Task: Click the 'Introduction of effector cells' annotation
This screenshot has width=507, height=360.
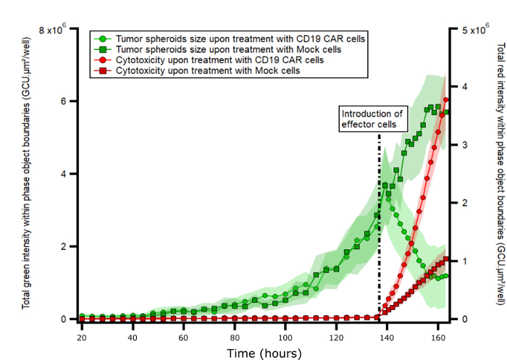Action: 392,119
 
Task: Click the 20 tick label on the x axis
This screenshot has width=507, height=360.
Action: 82,338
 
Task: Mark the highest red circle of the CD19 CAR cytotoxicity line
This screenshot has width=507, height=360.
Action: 446,100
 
